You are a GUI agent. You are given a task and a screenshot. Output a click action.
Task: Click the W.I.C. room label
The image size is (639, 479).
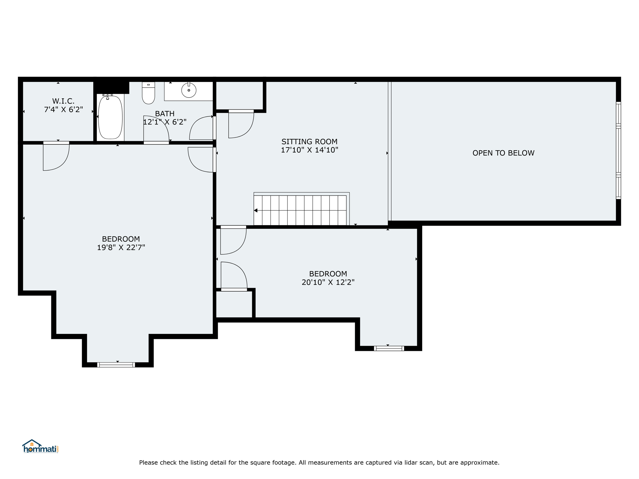63,101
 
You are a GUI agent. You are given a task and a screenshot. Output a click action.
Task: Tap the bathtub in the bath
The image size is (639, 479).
110,117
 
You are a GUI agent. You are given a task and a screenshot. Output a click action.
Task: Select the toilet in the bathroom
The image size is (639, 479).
149,93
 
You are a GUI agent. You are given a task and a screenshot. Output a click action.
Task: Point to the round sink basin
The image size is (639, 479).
189,90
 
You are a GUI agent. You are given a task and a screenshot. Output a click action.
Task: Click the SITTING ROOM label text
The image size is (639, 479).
310,142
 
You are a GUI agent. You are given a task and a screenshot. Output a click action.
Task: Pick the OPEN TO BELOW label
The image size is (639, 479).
503,153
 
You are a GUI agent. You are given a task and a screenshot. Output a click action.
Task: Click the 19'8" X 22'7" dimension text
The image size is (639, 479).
121,248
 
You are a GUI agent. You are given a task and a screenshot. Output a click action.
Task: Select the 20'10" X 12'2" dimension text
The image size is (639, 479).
328,282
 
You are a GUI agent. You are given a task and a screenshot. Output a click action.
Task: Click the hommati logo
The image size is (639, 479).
41,447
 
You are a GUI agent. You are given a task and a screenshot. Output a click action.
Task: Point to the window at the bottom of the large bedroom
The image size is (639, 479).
116,365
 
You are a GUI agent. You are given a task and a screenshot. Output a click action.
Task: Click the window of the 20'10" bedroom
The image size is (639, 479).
389,348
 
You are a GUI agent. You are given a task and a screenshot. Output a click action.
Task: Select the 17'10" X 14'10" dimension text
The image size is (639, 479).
310,150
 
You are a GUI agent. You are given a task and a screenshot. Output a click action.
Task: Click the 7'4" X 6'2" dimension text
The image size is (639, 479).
64,109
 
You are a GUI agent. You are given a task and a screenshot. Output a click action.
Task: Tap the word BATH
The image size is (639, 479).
165,114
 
